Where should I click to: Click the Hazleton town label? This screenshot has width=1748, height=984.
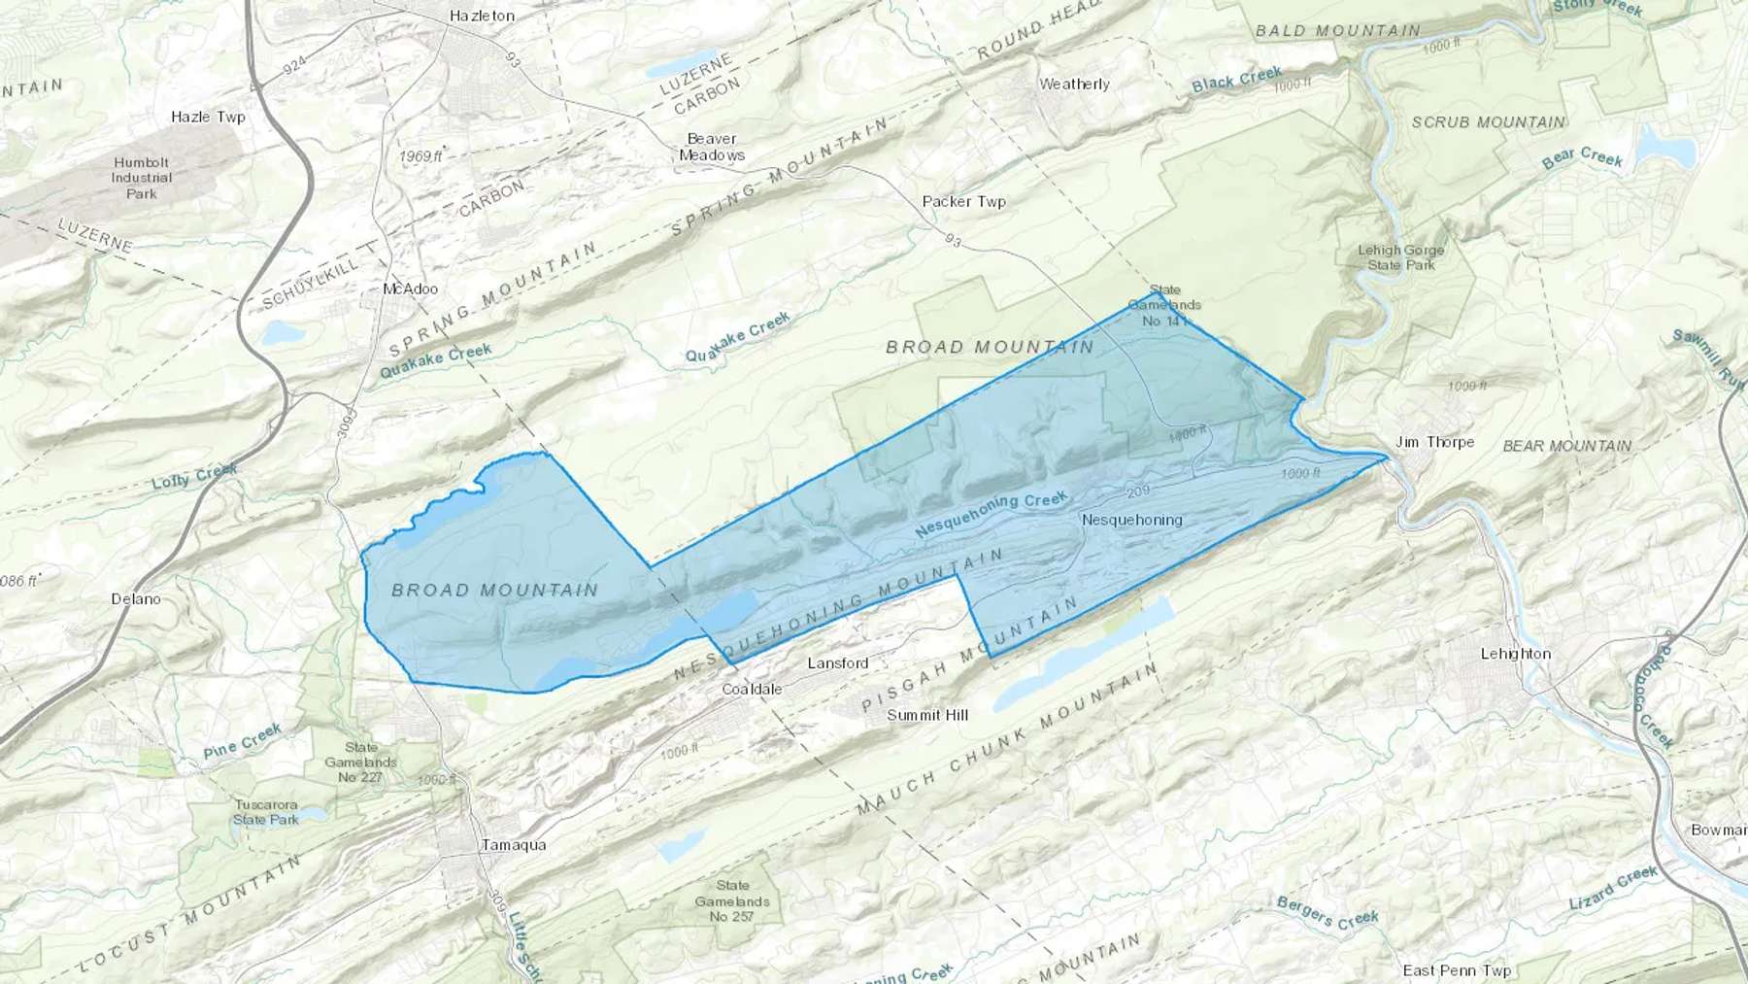point(483,16)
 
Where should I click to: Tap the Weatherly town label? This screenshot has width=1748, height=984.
point(1074,85)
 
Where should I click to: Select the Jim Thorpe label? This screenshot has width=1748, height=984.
point(1434,442)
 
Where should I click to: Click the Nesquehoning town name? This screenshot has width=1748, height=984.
point(1131,520)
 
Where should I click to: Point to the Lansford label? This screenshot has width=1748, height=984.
point(838,663)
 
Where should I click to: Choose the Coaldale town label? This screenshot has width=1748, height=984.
point(752,689)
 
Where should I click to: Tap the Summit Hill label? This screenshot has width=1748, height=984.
point(927,715)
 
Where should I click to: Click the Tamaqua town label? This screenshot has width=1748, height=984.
point(514,845)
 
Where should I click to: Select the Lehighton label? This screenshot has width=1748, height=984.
point(1515,654)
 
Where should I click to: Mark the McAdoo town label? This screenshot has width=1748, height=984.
point(410,288)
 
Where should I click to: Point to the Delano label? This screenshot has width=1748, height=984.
point(136,599)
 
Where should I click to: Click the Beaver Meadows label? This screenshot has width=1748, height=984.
point(712,147)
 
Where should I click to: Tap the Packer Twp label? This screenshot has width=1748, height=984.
point(963,202)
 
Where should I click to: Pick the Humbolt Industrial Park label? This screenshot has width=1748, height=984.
point(142,178)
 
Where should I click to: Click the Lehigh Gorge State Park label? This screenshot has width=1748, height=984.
point(1400,257)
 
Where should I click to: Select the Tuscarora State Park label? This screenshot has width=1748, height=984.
point(265,812)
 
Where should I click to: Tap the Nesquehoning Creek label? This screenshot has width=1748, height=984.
point(991,515)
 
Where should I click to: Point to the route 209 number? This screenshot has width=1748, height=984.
point(1138,492)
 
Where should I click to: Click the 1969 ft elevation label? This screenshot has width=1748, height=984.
point(420,156)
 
